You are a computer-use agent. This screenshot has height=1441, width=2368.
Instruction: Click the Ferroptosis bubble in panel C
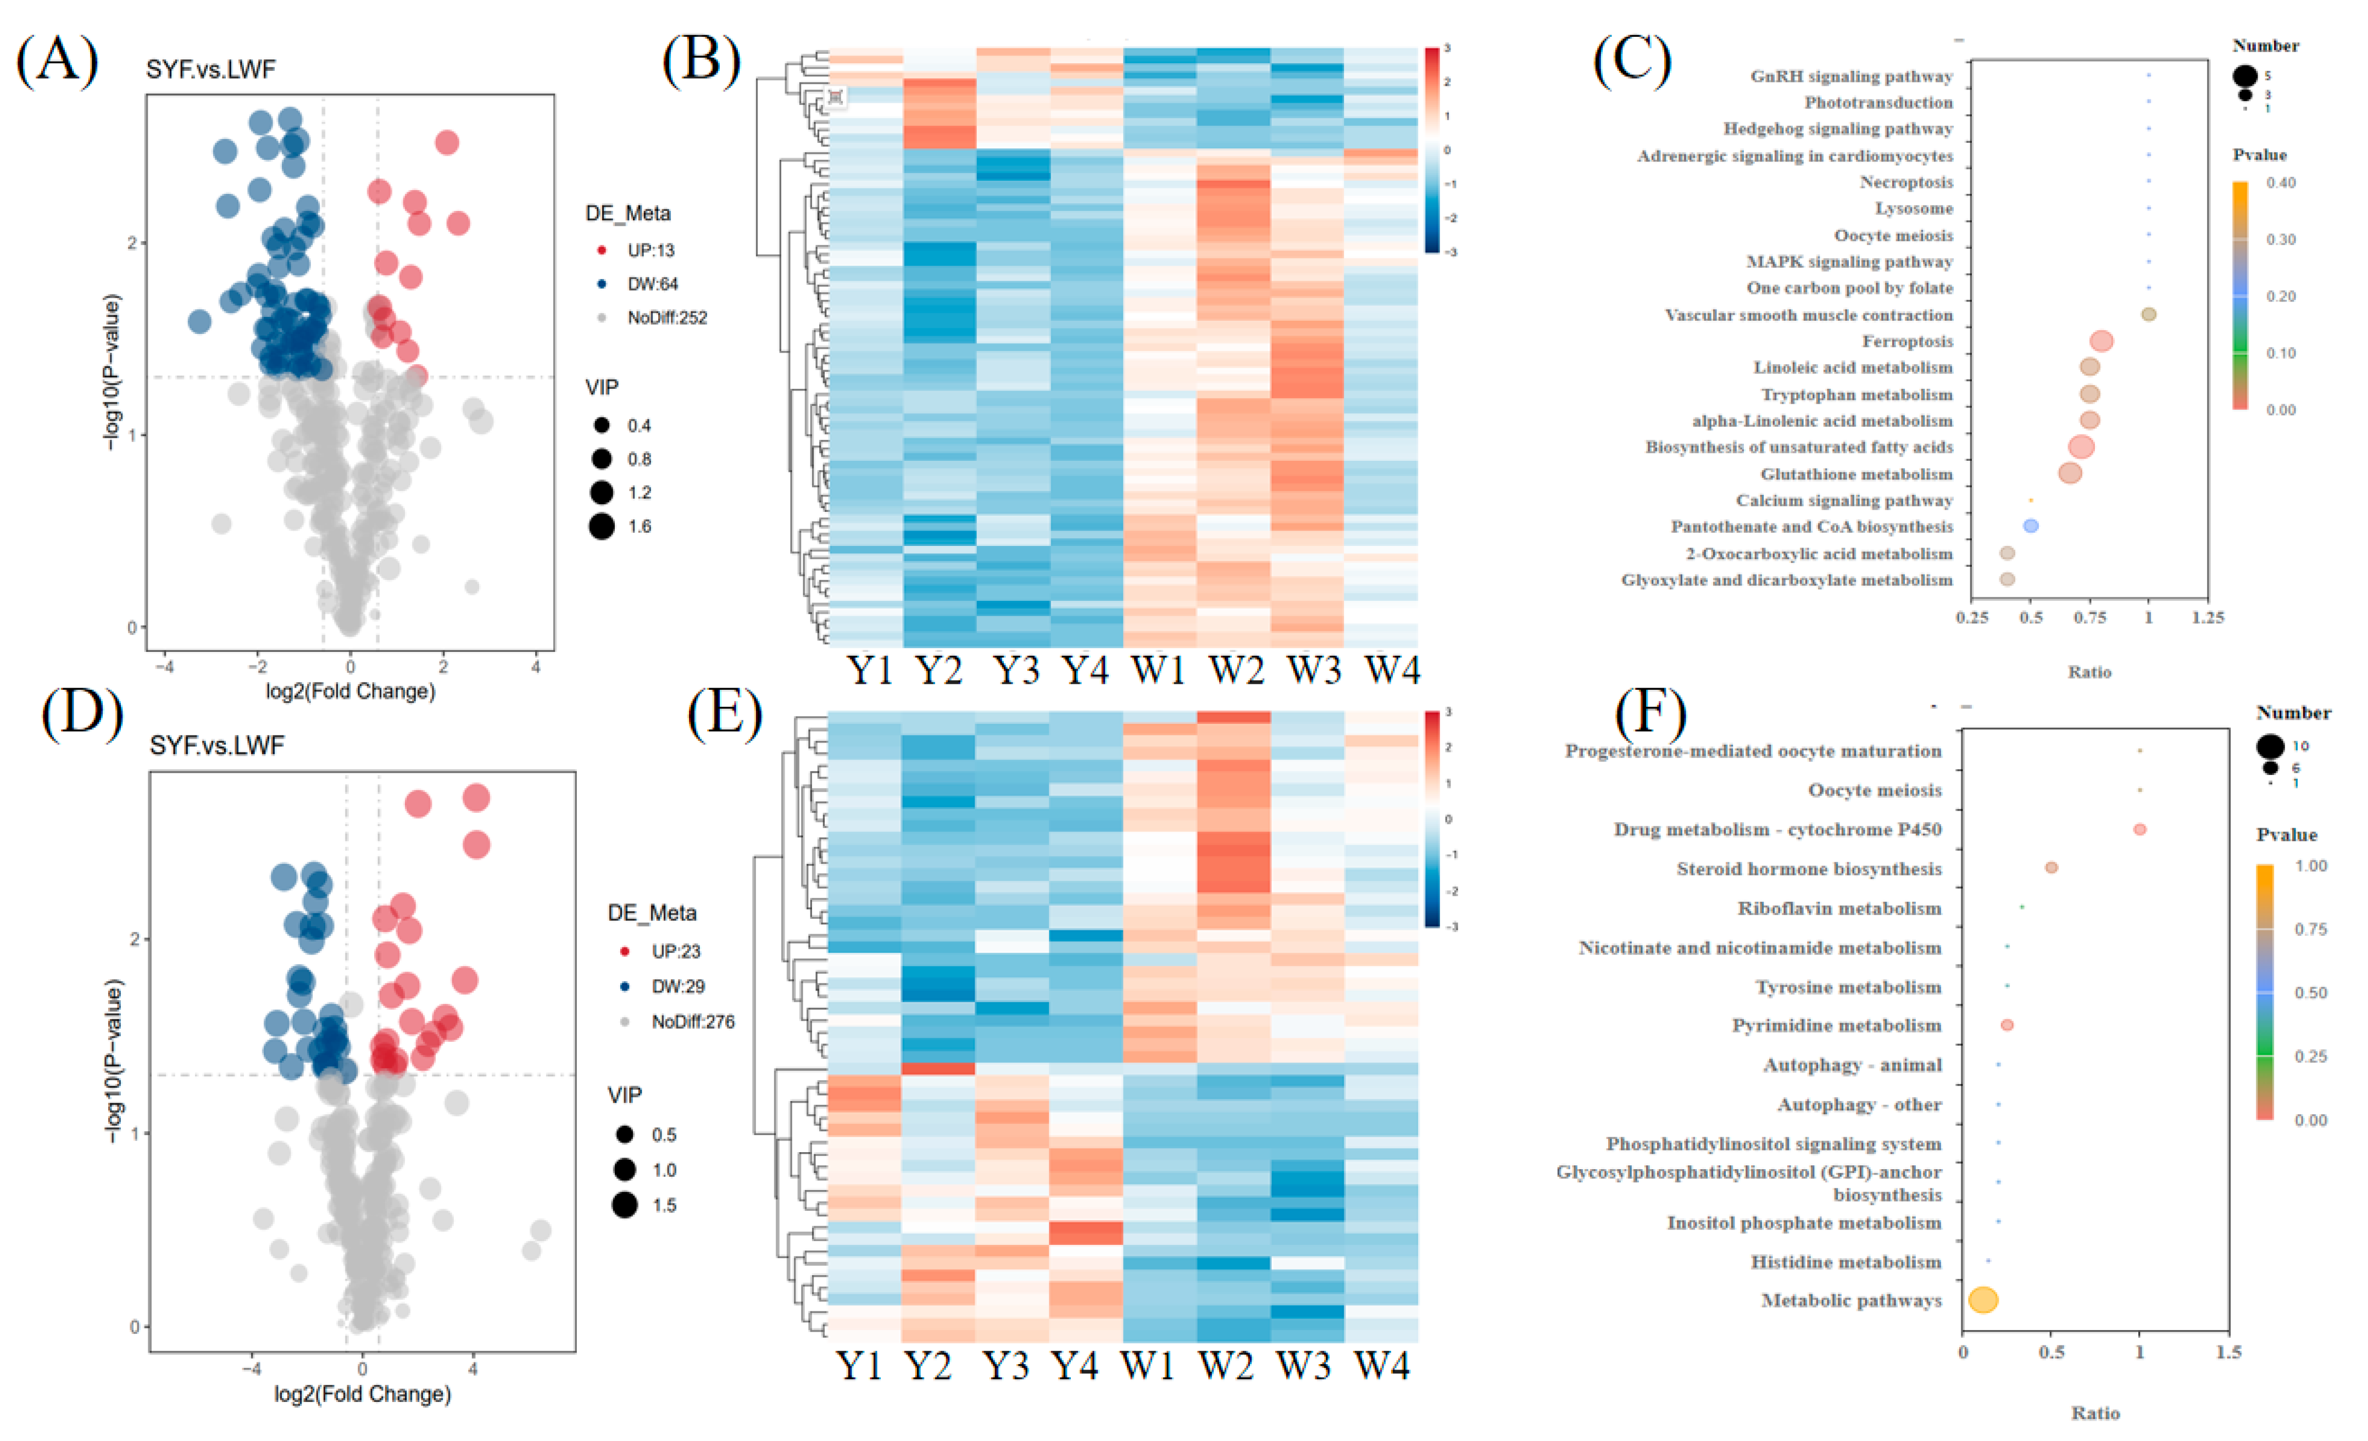point(2101,341)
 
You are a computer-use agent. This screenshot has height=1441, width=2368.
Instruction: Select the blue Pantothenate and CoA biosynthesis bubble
point(2031,527)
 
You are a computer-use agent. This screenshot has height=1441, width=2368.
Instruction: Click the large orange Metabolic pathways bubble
point(1983,1300)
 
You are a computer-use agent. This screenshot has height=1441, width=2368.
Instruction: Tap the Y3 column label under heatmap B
point(1015,669)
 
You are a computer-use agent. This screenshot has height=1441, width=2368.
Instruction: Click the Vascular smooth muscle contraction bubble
point(2149,314)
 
